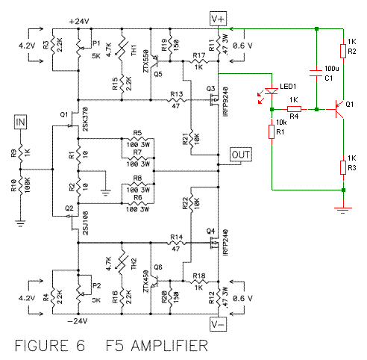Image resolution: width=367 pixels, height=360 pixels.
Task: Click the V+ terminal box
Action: [218, 19]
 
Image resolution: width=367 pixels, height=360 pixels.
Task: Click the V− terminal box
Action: [218, 324]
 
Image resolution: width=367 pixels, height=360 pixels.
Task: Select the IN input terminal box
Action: [20, 122]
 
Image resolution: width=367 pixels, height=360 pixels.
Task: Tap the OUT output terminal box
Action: [241, 155]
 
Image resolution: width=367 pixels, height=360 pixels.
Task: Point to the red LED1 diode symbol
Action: [272, 91]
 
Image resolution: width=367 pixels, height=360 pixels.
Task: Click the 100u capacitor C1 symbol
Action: [316, 73]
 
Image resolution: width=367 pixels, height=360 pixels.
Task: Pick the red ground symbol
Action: [343, 211]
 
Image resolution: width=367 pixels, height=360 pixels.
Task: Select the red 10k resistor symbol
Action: [272, 131]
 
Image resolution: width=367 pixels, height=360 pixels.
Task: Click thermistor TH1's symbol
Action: [122, 50]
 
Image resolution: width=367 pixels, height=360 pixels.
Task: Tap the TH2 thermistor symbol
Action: [122, 264]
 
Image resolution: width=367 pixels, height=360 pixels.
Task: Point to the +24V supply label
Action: [79, 22]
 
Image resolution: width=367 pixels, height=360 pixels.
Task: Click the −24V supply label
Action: [78, 321]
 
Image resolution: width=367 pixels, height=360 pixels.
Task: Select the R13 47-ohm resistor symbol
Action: [176, 100]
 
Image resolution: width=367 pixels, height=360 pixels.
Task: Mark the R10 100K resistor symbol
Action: [20, 186]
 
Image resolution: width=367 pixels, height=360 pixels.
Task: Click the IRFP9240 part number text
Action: [225, 102]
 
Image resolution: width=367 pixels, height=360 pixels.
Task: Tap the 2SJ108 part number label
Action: [85, 223]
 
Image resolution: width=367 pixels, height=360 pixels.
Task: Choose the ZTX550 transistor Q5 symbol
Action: [154, 61]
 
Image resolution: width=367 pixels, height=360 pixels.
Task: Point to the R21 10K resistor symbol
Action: [191, 139]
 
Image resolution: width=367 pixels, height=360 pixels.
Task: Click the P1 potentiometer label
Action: [96, 43]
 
